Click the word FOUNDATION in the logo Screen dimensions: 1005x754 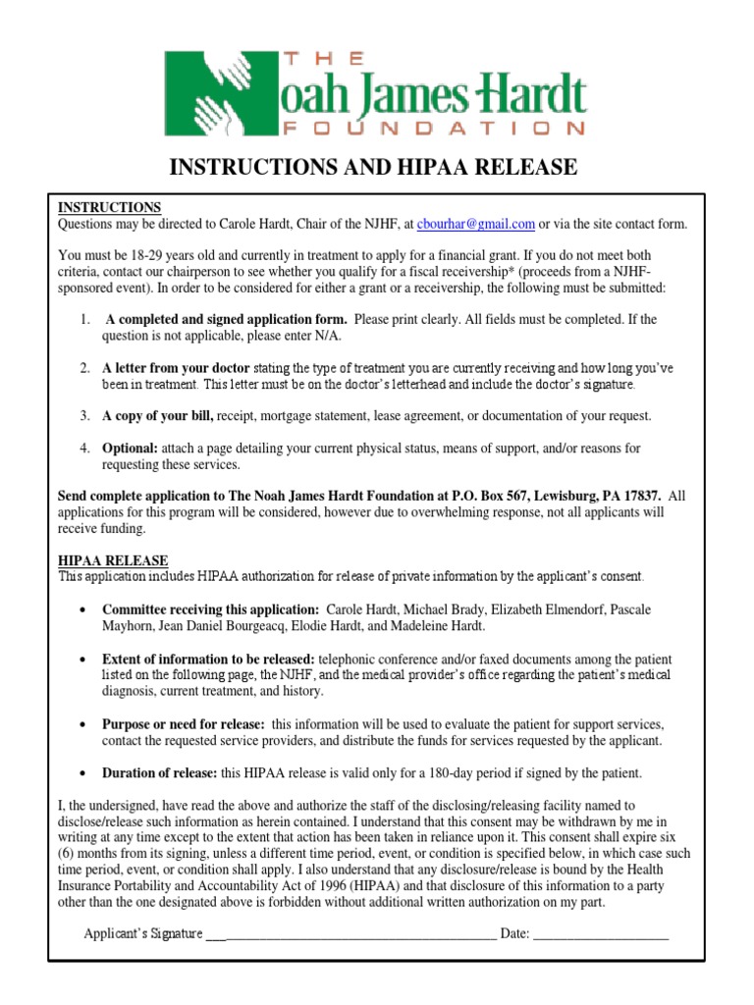coord(434,127)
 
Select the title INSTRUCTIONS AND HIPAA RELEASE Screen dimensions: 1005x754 coord(374,168)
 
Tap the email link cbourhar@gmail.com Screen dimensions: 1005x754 coord(476,224)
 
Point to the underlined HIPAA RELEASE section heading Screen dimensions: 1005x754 coord(113,559)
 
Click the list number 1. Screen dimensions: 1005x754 coord(86,320)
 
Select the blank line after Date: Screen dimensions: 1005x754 coord(601,934)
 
